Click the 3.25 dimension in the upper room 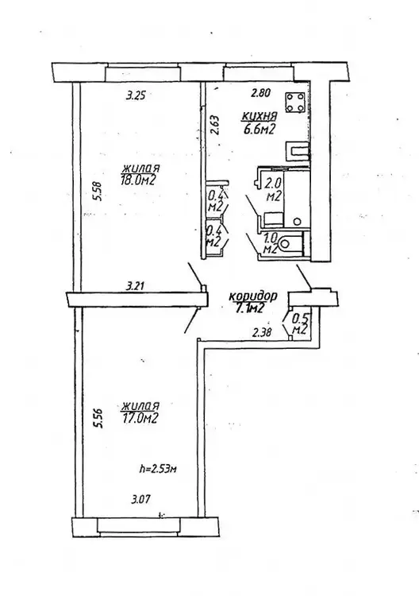(136, 95)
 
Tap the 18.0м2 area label (139, 180)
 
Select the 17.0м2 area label (140, 419)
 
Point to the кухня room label (260, 115)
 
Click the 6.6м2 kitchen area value (259, 130)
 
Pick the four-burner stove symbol (295, 103)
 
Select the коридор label (253, 296)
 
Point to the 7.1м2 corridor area (250, 308)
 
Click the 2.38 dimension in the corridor (262, 333)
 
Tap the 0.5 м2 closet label (299, 323)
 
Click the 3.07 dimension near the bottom (140, 499)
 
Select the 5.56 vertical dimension (99, 418)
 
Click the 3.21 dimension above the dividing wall (135, 285)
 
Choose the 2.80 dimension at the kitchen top (260, 93)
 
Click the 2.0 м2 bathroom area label (273, 190)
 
